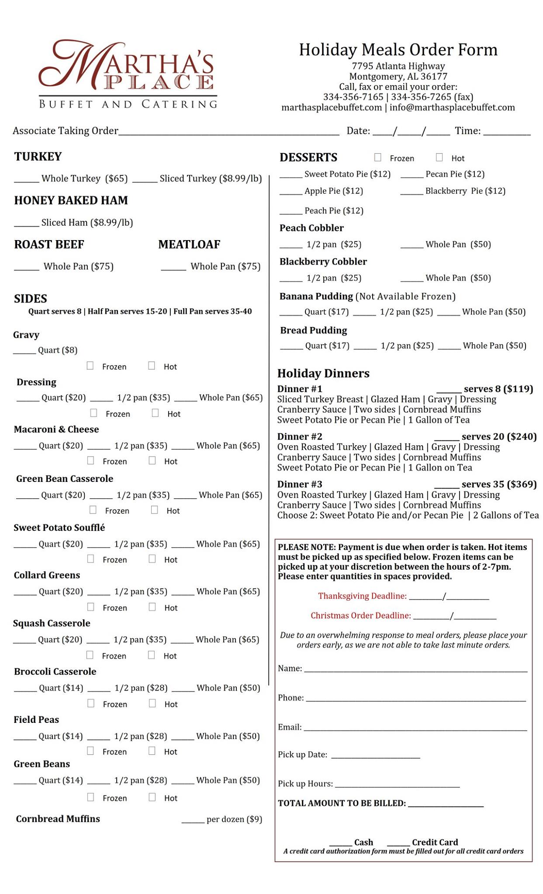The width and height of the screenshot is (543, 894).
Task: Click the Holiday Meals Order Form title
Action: pyautogui.click(x=398, y=50)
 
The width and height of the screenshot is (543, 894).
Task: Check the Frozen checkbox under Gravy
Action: pyautogui.click(x=90, y=366)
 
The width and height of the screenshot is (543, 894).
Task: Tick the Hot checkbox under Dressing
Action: pyautogui.click(x=155, y=413)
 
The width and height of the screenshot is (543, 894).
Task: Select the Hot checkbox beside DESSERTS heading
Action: pyautogui.click(x=439, y=158)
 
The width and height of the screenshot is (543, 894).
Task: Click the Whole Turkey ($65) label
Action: pyautogui.click(x=84, y=179)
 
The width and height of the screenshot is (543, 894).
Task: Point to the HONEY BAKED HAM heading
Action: pyautogui.click(x=71, y=200)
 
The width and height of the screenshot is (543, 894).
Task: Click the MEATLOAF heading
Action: pyautogui.click(x=189, y=244)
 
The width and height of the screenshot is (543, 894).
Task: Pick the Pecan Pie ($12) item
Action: pyautogui.click(x=455, y=174)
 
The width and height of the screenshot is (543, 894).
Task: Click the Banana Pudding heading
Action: pyautogui.click(x=316, y=296)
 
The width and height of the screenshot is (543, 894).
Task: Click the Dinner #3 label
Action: pyautogui.click(x=300, y=484)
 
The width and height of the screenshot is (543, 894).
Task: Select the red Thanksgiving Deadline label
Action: pyautogui.click(x=362, y=596)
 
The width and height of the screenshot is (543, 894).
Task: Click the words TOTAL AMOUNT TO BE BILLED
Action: pyautogui.click(x=342, y=803)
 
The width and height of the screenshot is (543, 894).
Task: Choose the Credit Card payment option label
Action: pyautogui.click(x=435, y=842)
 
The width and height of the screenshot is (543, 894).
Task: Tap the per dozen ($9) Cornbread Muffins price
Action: pyautogui.click(x=234, y=819)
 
